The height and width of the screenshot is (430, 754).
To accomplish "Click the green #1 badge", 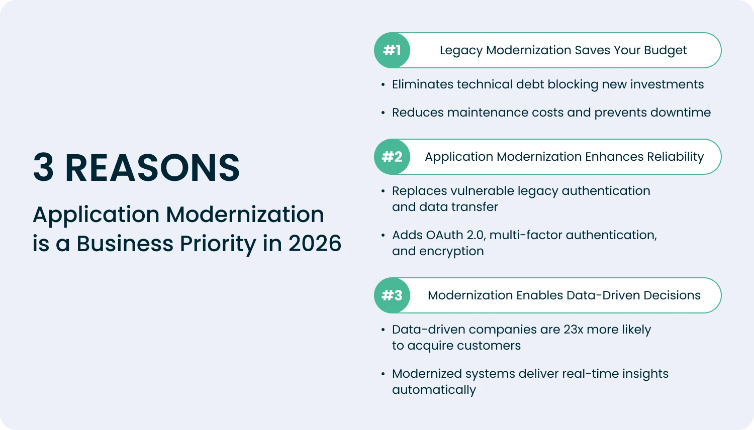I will pyautogui.click(x=392, y=50).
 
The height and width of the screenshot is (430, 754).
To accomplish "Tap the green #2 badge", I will pyautogui.click(x=392, y=157).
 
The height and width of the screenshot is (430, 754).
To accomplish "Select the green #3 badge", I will pyautogui.click(x=392, y=295).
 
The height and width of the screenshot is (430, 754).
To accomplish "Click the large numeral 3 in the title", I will pyautogui.click(x=44, y=168).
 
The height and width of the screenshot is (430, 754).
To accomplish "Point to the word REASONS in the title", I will pyautogui.click(x=152, y=168).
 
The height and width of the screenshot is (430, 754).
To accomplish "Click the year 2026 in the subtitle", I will pyautogui.click(x=315, y=244).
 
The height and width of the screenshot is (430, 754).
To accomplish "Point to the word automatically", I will pyautogui.click(x=434, y=390).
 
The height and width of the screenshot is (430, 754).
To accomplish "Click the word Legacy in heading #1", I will pyautogui.click(x=461, y=51).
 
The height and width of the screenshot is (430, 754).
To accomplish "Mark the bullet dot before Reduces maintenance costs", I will pyautogui.click(x=383, y=113).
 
